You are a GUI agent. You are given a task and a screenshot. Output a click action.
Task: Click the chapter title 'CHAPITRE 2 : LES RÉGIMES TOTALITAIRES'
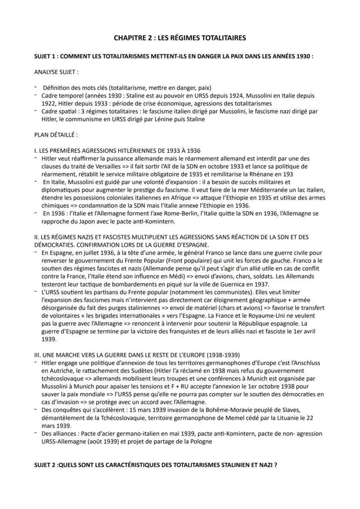coord(180,38)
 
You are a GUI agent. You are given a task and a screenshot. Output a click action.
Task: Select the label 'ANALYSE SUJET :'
coord(57,71)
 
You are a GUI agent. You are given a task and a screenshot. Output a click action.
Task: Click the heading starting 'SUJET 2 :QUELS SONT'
coord(155,465)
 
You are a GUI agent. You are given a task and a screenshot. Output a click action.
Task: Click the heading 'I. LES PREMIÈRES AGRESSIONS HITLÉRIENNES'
coord(117,150)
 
